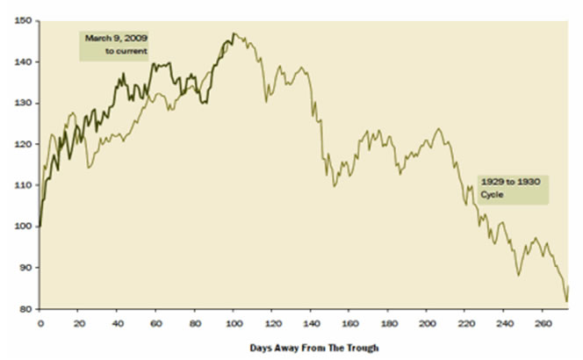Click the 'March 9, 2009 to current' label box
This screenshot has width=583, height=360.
click(x=114, y=46)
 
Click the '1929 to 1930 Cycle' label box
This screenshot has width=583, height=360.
click(x=512, y=190)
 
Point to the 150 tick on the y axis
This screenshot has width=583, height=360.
click(x=26, y=20)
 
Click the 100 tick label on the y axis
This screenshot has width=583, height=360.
click(x=26, y=226)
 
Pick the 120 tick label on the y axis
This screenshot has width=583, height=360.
click(x=26, y=144)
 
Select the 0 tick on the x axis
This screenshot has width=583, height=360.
click(x=40, y=321)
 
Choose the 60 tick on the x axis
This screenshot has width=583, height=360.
click(x=155, y=321)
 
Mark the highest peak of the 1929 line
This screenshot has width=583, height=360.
click(x=234, y=33)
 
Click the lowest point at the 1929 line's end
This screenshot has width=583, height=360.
click(x=566, y=301)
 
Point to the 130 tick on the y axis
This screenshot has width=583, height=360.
click(x=26, y=103)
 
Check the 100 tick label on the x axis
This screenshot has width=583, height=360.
click(x=233, y=321)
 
